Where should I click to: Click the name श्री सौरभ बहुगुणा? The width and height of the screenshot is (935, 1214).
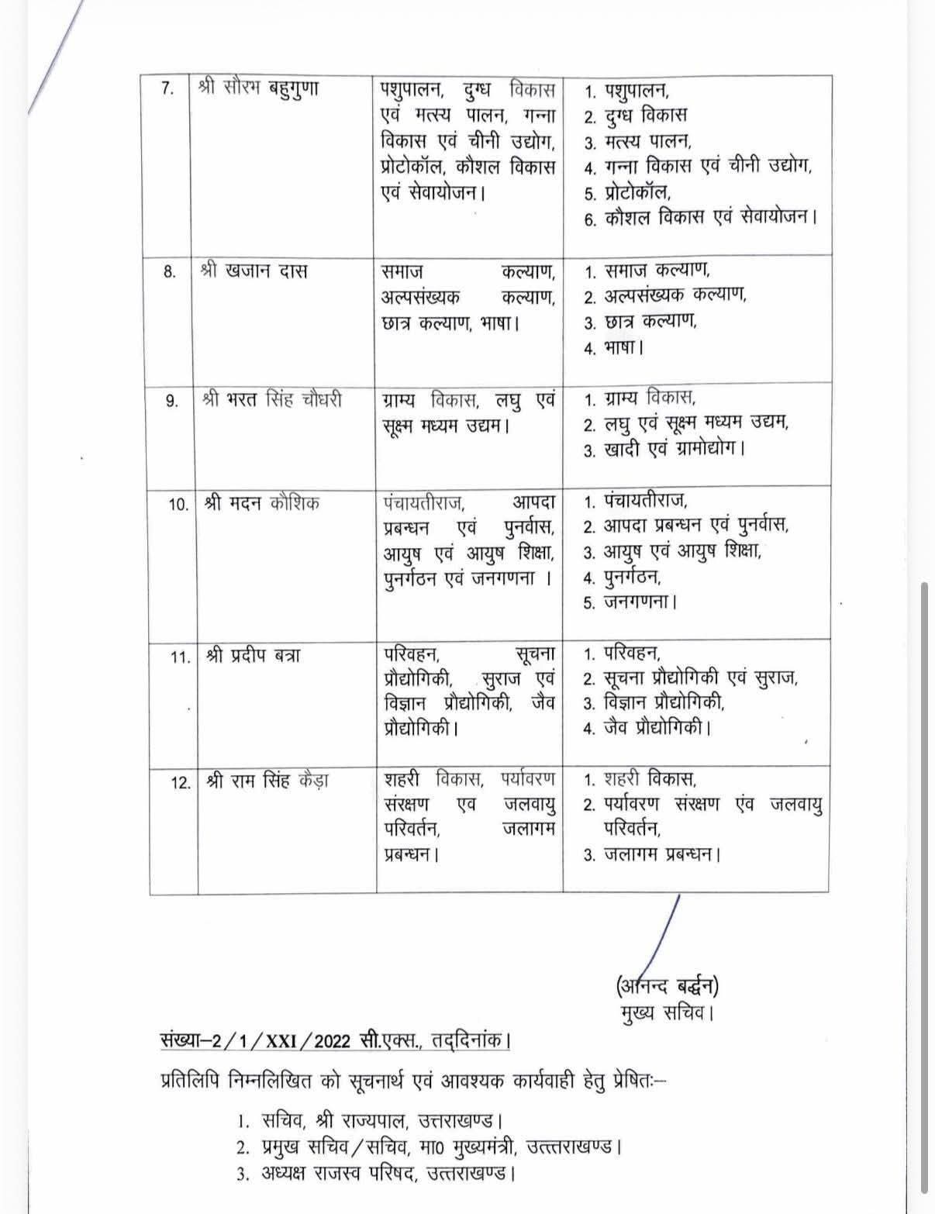click(x=258, y=88)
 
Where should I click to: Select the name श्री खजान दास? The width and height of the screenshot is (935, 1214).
click(x=254, y=271)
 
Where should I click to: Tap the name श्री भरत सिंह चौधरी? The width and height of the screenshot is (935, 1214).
click(x=271, y=400)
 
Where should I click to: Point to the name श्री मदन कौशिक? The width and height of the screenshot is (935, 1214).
click(x=262, y=503)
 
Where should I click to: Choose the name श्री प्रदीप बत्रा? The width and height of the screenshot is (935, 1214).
click(x=254, y=656)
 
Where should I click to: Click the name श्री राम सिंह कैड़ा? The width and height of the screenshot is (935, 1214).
click(x=267, y=781)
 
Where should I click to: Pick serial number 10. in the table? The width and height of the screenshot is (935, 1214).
click(x=178, y=505)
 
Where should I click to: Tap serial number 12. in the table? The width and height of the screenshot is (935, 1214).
click(x=181, y=782)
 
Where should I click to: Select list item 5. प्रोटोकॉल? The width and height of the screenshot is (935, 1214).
click(x=628, y=192)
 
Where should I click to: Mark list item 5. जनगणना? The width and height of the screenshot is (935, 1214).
click(x=630, y=602)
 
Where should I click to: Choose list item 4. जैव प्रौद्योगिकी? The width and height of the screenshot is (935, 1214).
click(x=647, y=728)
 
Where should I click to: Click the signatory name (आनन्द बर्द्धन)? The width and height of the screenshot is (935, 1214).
click(x=667, y=986)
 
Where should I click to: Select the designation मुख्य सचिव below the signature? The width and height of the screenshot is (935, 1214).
click(x=667, y=1012)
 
